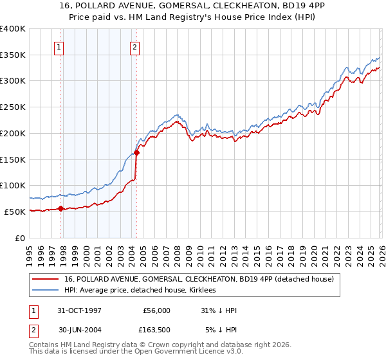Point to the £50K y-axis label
pos(15,212)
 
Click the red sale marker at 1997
pos(61,208)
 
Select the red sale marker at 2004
pos(136,152)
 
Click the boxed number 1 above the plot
pos(59,46)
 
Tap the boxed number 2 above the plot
pos(135,46)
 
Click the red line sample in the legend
pos(46,280)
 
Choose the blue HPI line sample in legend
pos(46,291)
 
